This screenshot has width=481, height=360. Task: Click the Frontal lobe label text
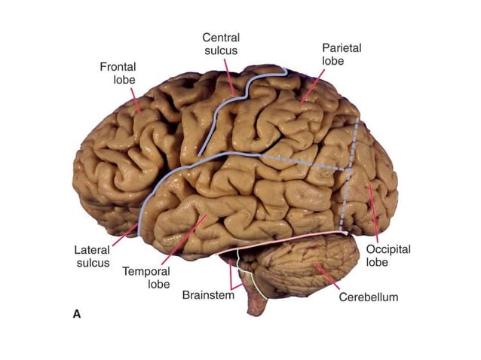coord(118,73)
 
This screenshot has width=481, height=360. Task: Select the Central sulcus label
coord(221,44)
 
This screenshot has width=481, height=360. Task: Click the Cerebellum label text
coord(368,297)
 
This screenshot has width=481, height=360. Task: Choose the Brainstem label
coord(208,295)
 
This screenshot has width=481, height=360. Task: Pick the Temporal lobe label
coord(148,276)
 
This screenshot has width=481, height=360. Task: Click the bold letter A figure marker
coord(76,313)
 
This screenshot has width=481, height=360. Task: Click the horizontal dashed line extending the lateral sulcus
coord(302,163)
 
